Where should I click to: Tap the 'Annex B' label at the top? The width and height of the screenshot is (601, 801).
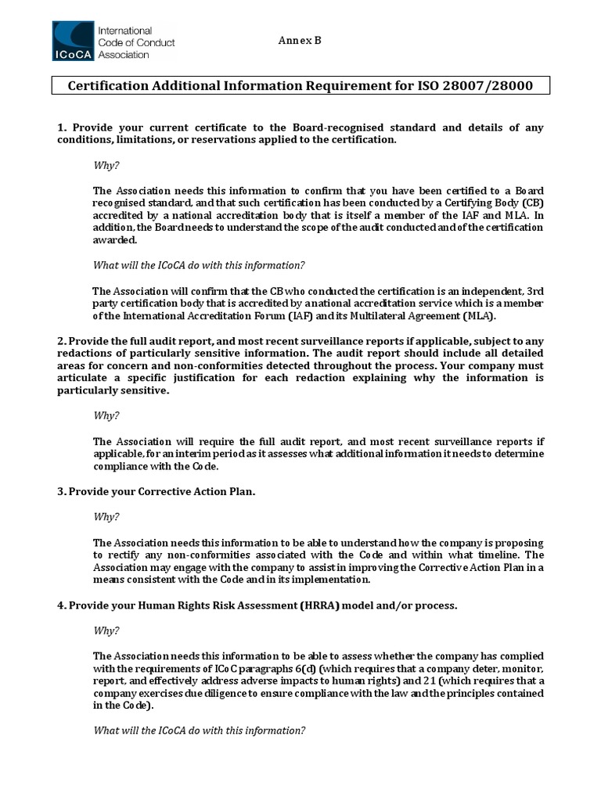click(299, 41)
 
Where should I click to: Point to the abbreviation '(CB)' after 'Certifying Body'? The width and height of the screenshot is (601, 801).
click(531, 203)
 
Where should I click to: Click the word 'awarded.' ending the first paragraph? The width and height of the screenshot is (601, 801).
click(114, 241)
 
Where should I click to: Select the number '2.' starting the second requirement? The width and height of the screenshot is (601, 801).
click(61, 341)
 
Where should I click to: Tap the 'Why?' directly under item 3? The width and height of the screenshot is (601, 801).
click(106, 516)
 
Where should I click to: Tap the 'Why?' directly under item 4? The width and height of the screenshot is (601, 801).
click(106, 630)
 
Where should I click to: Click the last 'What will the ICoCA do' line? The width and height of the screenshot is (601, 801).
click(199, 731)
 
